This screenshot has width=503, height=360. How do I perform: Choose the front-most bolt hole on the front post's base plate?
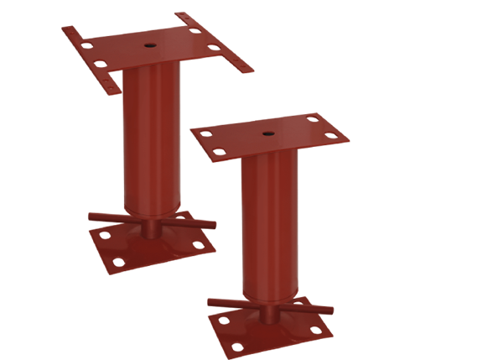[x=238, y=345]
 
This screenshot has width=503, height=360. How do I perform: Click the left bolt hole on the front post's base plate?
[x=221, y=320]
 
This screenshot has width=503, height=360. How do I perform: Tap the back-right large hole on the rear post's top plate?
[x=194, y=31]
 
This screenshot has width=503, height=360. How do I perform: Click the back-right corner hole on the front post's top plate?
[x=312, y=118]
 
